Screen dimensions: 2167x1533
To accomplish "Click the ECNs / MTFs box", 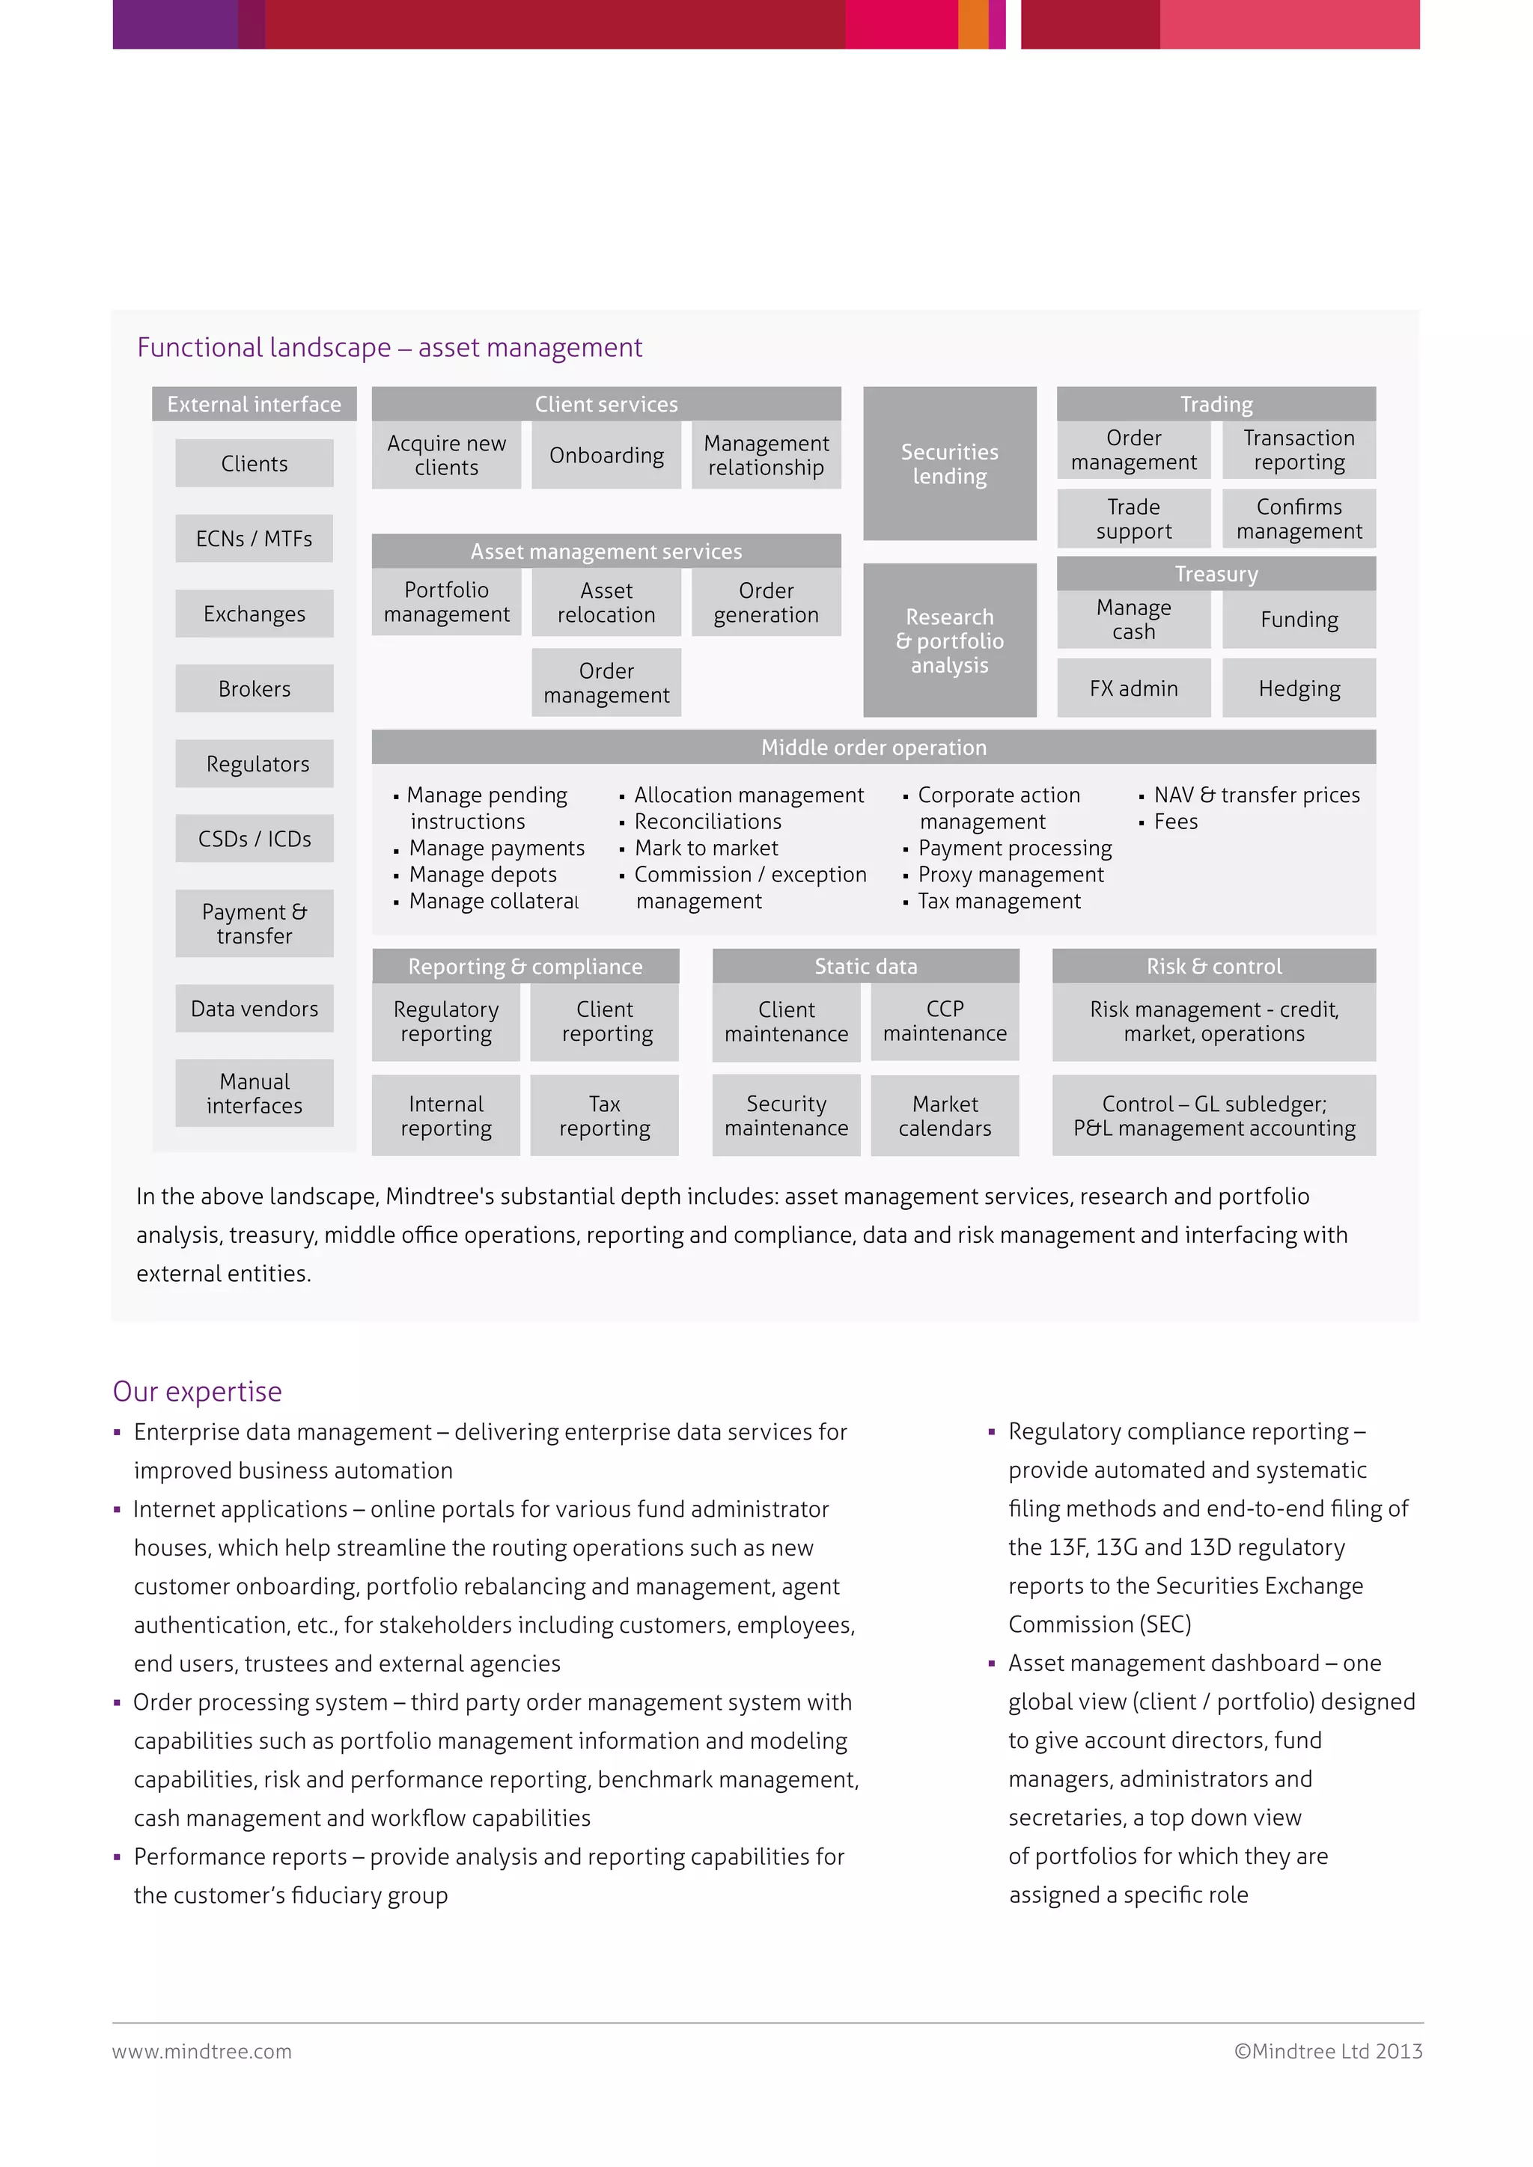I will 254,539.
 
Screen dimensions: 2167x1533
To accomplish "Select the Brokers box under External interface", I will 254,689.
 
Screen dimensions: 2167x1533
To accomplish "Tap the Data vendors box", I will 254,1009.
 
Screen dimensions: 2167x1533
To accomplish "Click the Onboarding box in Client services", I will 606,456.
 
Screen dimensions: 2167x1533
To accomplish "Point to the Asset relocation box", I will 606,602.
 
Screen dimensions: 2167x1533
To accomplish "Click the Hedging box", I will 1299,689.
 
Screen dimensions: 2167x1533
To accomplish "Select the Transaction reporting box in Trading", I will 1299,450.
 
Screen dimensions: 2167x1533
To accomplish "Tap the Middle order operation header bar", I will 874,748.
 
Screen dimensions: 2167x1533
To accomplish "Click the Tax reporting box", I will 604,1116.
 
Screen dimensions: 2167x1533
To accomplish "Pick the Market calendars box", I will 944,1116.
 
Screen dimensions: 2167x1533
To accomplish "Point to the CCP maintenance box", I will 944,1021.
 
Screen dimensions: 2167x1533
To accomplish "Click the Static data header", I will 865,967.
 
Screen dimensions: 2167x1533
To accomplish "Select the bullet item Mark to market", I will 706,849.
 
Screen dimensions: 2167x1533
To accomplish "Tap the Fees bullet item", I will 1175,822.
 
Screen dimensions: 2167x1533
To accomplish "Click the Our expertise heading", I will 198,1391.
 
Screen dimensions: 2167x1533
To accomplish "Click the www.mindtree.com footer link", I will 202,2051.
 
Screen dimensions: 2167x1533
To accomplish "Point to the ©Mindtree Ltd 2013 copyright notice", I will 1328,2051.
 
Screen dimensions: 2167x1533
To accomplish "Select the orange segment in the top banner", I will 972,24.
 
